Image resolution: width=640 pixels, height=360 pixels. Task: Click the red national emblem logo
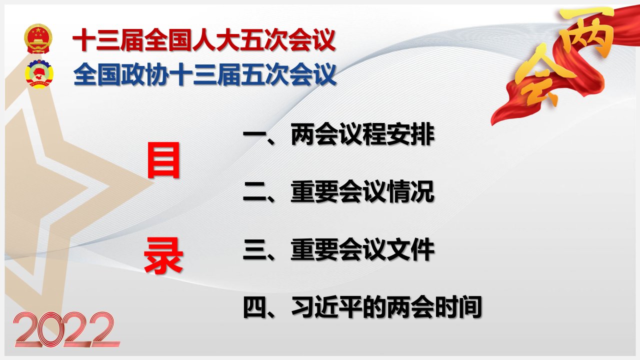point(38,38)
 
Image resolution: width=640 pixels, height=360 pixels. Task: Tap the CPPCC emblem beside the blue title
point(39,73)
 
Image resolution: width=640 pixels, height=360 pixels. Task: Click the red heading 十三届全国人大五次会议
point(204,39)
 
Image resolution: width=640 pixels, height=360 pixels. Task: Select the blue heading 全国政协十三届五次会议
point(204,74)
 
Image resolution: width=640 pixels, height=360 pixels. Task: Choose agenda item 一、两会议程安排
point(339,134)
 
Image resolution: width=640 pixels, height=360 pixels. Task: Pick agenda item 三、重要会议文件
point(338,249)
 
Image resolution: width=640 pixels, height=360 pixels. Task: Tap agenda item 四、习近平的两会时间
point(362,307)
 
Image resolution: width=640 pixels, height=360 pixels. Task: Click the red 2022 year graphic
point(67,329)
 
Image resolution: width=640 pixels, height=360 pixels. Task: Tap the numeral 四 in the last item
point(254,307)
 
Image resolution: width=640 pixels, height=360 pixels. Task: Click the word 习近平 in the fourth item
point(326,307)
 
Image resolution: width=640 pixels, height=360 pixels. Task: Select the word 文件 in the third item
point(411,249)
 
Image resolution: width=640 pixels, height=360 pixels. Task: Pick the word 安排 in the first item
point(411,134)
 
